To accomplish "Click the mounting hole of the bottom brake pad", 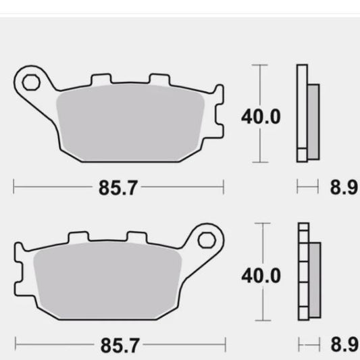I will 207,239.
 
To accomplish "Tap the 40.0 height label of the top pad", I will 260,117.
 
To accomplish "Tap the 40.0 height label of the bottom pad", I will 260,276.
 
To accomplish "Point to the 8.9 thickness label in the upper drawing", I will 344,188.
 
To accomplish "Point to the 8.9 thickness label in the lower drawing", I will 344,345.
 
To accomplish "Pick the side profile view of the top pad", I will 308,113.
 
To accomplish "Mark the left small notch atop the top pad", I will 101,80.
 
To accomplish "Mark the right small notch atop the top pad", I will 159,80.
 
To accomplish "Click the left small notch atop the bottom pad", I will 79,238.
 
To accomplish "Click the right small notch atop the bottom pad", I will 136,238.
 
